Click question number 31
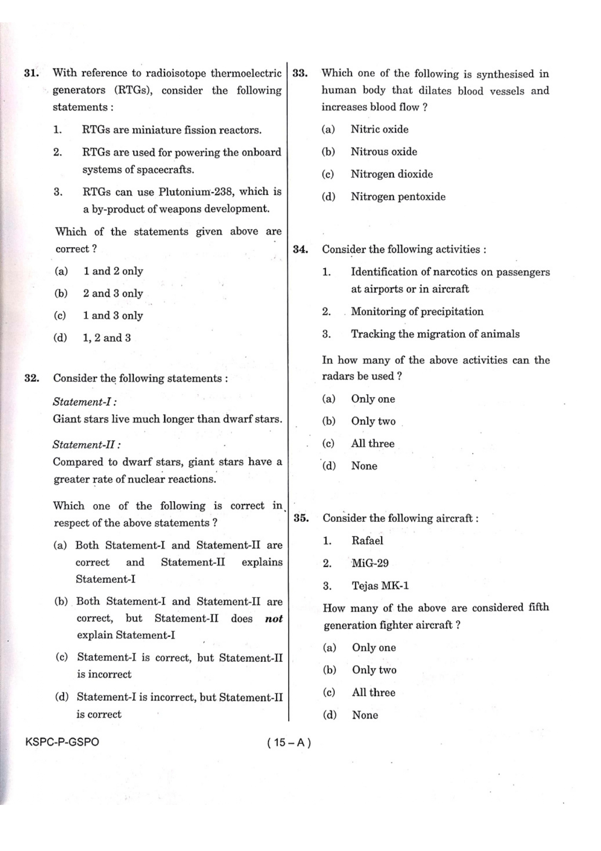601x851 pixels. coord(31,73)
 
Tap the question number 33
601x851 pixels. coord(300,74)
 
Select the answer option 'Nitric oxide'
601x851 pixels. coord(379,129)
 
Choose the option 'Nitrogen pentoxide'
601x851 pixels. coord(398,197)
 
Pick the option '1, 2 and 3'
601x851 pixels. coord(107,338)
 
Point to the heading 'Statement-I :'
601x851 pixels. coord(85,402)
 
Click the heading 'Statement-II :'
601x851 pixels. coord(87,445)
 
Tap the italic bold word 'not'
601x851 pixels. coord(274,619)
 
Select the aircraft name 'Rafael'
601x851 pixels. coord(367,541)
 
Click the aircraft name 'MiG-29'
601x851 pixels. coord(370,563)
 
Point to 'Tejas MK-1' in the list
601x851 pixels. coord(380,586)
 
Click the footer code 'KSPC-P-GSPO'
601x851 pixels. coord(62,742)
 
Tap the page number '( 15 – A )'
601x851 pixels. coord(289,742)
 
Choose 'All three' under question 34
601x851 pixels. coord(372,444)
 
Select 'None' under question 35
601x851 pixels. coord(365,715)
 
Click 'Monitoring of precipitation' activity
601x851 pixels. coord(417,312)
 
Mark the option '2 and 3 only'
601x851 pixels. coord(113,293)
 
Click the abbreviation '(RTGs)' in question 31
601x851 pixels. coord(132,91)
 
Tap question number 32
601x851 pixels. coord(31,378)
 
